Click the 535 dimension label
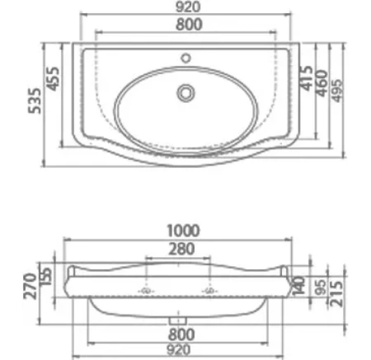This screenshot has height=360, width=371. [35, 101]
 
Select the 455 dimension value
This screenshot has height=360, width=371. [53, 79]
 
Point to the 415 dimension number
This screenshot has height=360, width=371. [307, 78]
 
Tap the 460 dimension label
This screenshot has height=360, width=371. [322, 83]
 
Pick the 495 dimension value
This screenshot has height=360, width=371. [337, 91]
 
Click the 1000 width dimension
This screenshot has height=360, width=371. [183, 231]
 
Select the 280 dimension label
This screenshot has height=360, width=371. [181, 249]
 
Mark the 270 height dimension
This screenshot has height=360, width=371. [30, 286]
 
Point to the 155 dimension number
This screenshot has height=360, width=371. [46, 276]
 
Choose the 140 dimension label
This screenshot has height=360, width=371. [299, 286]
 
